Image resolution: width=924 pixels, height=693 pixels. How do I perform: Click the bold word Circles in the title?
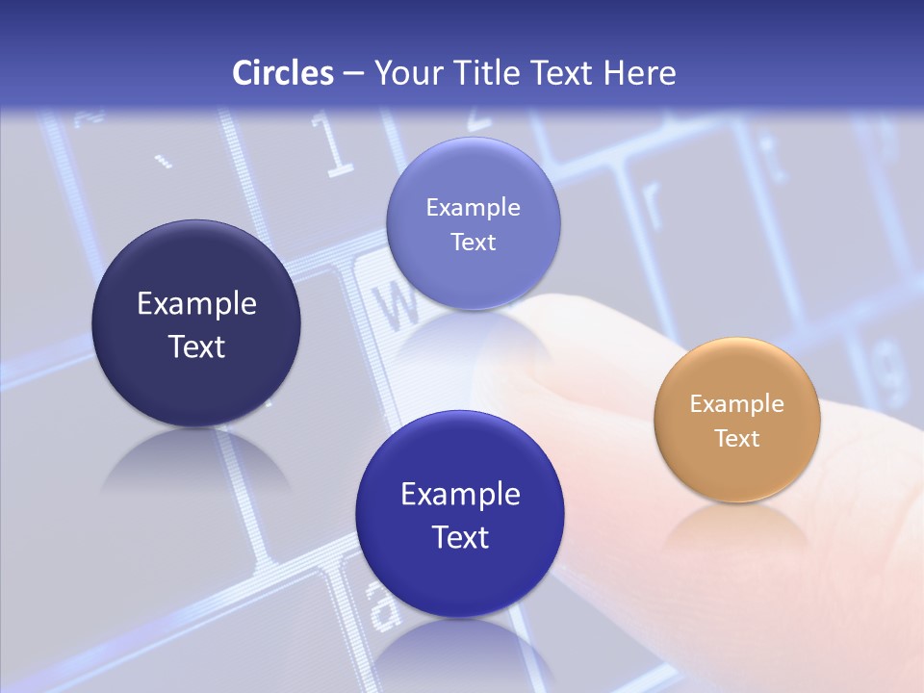click(283, 73)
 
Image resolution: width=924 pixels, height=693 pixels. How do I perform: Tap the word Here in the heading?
click(639, 73)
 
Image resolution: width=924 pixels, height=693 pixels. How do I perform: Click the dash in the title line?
click(352, 74)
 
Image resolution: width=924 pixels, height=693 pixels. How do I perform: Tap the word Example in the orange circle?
click(737, 404)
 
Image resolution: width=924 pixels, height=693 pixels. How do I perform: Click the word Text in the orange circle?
click(737, 439)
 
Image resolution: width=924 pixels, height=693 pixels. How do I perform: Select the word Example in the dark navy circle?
click(196, 304)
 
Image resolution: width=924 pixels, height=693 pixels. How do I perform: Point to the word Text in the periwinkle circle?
click(473, 243)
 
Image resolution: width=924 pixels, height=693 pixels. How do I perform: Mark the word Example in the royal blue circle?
click(460, 495)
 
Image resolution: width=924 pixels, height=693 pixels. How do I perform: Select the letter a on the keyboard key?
click(383, 605)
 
